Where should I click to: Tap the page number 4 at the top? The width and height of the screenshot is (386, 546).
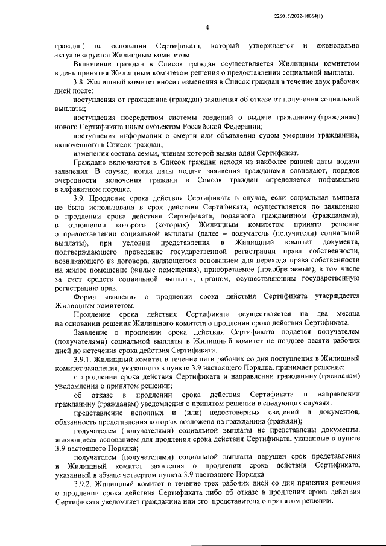coord(207,27)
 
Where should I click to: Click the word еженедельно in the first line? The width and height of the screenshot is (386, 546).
coord(337,46)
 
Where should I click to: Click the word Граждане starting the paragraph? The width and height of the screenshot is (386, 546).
coord(89,163)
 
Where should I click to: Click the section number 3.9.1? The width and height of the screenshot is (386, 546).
coord(84,358)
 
